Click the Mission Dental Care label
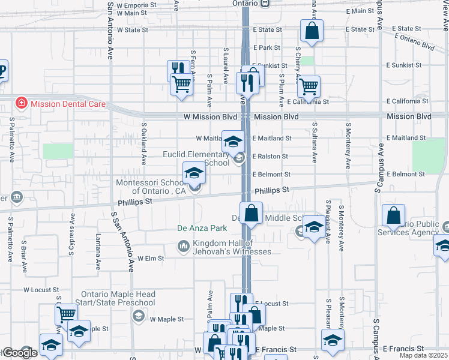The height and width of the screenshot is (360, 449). pyautogui.click(x=68, y=104)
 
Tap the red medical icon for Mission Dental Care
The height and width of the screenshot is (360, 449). pyautogui.click(x=22, y=103)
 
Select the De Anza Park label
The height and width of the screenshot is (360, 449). pyautogui.click(x=202, y=228)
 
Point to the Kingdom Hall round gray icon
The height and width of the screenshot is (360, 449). pyautogui.click(x=183, y=246)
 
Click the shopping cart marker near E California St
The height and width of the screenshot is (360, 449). pyautogui.click(x=309, y=86)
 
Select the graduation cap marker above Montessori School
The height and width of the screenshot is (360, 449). pyautogui.click(x=194, y=173)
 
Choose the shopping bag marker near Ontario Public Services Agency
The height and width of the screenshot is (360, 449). pyautogui.click(x=393, y=216)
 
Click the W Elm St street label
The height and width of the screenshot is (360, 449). pyautogui.click(x=151, y=259)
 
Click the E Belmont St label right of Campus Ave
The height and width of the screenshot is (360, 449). pyautogui.click(x=406, y=174)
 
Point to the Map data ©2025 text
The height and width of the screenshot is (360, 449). pyautogui.click(x=424, y=355)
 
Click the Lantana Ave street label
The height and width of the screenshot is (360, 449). pyautogui.click(x=98, y=248)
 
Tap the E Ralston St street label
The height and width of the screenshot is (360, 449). pyautogui.click(x=272, y=157)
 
